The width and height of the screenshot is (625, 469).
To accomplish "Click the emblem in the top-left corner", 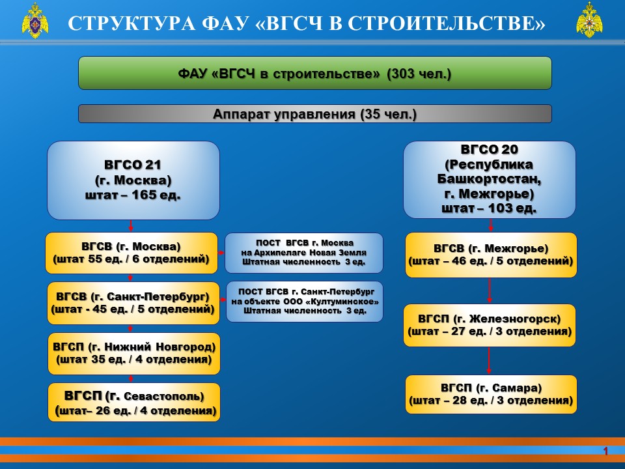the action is [x=35, y=20].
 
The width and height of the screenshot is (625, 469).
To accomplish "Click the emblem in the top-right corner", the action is [x=589, y=20].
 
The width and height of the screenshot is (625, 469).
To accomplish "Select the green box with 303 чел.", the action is [x=315, y=73].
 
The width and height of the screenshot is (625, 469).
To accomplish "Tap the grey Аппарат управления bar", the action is [x=315, y=114].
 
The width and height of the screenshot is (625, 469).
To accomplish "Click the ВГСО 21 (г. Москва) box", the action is [x=133, y=180].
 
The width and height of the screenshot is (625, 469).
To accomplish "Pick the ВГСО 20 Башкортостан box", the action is [x=489, y=180].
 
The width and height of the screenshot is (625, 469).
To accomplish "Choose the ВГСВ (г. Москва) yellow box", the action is [x=132, y=253].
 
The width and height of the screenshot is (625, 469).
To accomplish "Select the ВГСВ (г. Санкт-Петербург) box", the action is [x=133, y=303].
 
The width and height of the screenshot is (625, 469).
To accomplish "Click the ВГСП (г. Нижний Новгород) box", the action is [x=134, y=354].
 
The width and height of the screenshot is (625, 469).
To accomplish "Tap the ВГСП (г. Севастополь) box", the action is [x=134, y=403].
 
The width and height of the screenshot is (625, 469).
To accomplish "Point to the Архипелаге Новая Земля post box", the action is [x=304, y=253].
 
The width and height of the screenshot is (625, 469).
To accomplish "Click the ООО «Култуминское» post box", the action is [x=305, y=302].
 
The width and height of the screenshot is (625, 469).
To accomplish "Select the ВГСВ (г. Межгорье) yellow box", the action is [x=491, y=255].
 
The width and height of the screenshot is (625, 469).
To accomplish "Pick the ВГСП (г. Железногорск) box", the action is [x=490, y=326].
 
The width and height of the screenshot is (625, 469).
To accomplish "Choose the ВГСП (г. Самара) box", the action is [x=491, y=395].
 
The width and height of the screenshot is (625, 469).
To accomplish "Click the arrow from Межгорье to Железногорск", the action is [x=490, y=291].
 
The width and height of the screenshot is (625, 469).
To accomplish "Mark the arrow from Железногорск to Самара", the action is [x=489, y=361].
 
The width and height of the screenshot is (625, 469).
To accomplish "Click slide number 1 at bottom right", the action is [x=605, y=451].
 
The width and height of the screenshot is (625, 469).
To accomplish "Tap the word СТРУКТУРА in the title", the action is [x=132, y=23].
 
